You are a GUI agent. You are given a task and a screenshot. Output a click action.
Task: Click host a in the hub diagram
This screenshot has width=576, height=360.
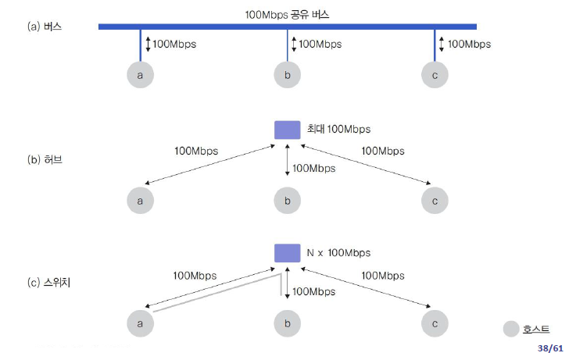coord(141,200)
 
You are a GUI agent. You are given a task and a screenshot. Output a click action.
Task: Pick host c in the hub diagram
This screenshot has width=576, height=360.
coord(435,200)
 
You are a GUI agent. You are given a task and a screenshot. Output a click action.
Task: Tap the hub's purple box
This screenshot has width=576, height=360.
coord(287,130)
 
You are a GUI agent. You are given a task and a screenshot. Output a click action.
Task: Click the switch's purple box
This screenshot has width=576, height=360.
coord(287,253)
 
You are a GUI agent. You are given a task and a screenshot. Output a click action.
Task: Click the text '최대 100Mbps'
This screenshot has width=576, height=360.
coord(338,129)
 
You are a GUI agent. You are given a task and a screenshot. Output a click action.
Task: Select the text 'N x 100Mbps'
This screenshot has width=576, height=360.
coord(338,253)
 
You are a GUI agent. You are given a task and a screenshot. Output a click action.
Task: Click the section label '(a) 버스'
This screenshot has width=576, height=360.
coord(45,27)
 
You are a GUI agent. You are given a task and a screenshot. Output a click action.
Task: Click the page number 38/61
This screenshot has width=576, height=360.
coord(550,348)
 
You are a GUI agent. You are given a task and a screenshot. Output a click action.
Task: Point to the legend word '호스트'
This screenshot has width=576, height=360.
coord(536,329)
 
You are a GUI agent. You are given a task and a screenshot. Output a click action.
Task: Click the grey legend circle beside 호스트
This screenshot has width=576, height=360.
coord(513,329)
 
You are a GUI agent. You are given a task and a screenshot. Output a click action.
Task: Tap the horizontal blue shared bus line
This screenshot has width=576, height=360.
coord(234,27)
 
